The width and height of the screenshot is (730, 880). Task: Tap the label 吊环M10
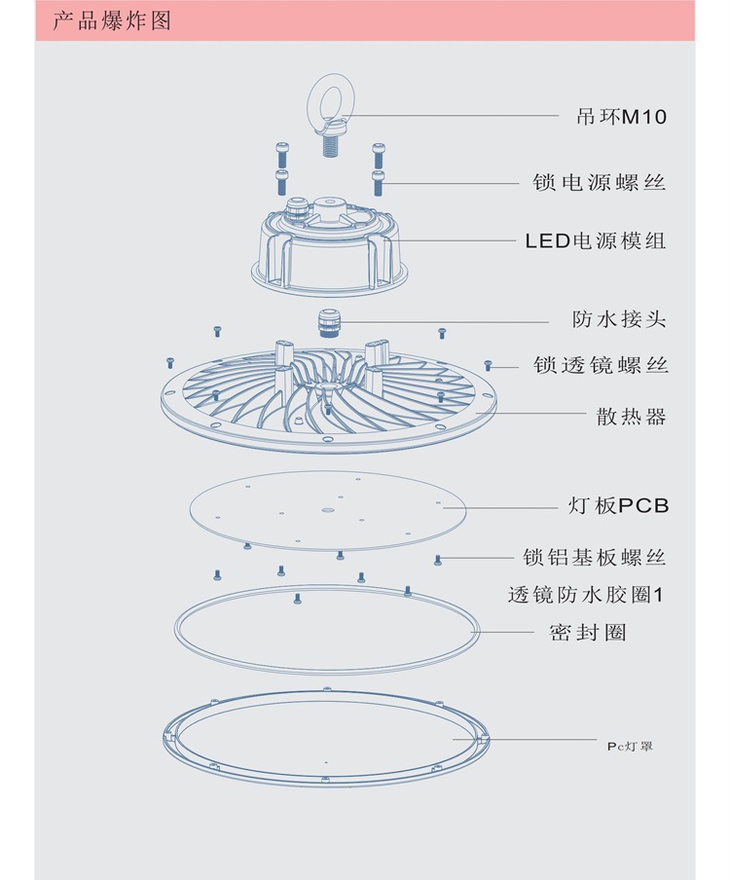[x=621, y=117]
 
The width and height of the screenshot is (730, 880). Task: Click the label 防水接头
[x=620, y=319]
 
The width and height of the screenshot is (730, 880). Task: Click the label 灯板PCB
[x=619, y=506]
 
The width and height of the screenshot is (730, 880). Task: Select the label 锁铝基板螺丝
[x=594, y=558]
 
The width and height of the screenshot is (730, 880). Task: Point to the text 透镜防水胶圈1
[x=585, y=594]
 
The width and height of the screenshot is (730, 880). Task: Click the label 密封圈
[x=587, y=633]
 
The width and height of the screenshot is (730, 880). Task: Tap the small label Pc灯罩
[x=629, y=746]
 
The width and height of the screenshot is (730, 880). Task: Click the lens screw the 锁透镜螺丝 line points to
[x=490, y=366]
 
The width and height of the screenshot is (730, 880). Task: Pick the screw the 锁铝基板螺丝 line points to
[x=438, y=559]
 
